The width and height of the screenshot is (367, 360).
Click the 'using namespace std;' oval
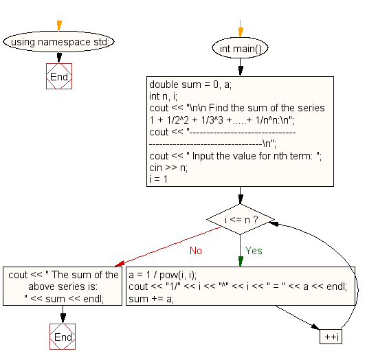(x=58, y=42)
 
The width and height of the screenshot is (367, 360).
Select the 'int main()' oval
(x=240, y=49)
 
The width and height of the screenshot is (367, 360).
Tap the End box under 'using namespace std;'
(x=59, y=77)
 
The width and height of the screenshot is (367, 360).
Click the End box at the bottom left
(x=63, y=337)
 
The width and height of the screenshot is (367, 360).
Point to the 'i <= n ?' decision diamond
(x=241, y=221)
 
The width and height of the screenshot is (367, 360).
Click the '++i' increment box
(x=331, y=337)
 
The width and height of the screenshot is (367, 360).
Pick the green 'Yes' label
(x=254, y=250)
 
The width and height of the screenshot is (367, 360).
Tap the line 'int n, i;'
(x=163, y=97)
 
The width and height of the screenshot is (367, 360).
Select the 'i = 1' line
(x=159, y=179)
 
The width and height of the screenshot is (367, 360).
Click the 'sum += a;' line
(x=151, y=297)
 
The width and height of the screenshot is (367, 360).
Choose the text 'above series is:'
(x=63, y=286)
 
